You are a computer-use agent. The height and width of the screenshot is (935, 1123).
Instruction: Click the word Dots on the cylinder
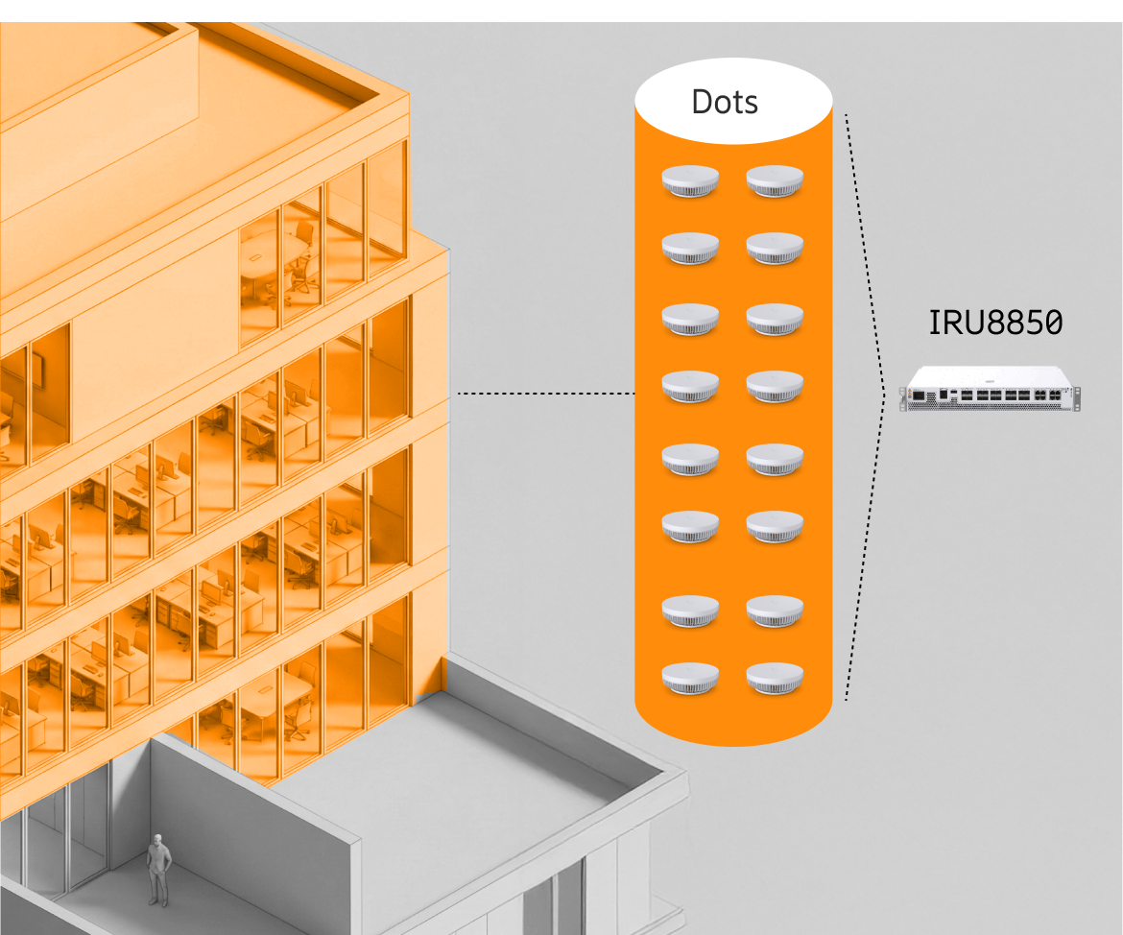pos(725,102)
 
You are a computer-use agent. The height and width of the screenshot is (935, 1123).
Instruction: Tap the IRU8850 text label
pos(994,323)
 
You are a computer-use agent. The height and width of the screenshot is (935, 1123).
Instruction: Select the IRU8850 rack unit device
pos(990,390)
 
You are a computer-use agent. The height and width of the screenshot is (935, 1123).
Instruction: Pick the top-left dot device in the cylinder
pos(690,180)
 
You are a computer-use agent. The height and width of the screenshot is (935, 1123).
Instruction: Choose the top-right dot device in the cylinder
pos(775,180)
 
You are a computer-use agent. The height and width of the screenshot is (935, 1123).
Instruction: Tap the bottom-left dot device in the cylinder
pos(690,678)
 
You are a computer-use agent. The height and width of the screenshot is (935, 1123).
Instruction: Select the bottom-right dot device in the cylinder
pos(775,678)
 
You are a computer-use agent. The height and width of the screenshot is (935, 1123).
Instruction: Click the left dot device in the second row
pos(690,248)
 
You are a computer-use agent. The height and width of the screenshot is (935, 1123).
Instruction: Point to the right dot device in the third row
pos(775,319)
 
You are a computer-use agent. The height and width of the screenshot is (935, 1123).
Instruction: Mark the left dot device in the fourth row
pos(690,386)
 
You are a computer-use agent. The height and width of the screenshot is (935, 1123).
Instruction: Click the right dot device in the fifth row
pos(775,459)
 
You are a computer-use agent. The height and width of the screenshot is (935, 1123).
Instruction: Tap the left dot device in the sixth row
pos(690,525)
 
